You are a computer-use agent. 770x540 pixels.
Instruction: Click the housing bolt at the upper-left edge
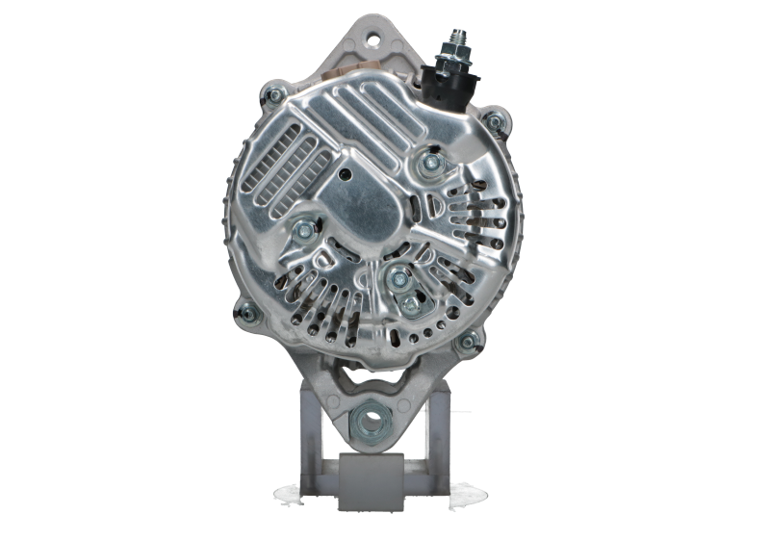[x=273, y=93]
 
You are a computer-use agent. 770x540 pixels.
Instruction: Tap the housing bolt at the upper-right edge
[x=497, y=123]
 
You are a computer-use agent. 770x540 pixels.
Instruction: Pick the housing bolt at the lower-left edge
[x=244, y=313]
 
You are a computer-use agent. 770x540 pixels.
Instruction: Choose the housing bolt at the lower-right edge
[x=469, y=342]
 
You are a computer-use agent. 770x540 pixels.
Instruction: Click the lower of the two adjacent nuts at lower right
[x=409, y=306]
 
